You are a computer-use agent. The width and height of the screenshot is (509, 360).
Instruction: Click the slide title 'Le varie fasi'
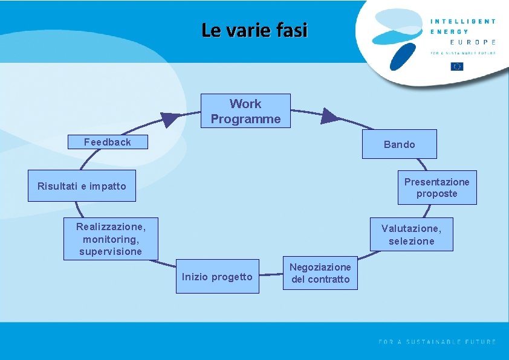pyautogui.click(x=254, y=30)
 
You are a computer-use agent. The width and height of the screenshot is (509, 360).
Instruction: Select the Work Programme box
pyautogui.click(x=245, y=111)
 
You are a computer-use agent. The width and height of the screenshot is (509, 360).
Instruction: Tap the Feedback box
pyautogui.click(x=108, y=142)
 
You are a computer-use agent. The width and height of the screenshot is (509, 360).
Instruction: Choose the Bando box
pyautogui.click(x=399, y=144)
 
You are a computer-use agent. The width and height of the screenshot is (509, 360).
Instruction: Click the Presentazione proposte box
pyautogui.click(x=436, y=188)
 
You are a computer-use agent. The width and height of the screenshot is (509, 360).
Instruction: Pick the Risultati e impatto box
pyautogui.click(x=82, y=186)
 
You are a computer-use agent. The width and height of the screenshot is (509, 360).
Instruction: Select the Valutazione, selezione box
pyautogui.click(x=411, y=234)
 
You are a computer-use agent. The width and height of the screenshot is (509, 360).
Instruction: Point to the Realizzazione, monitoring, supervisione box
pyautogui.click(x=111, y=239)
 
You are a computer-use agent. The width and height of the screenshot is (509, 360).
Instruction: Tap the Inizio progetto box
pyautogui.click(x=217, y=277)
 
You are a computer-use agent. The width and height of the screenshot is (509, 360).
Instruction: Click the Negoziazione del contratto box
pyautogui.click(x=320, y=273)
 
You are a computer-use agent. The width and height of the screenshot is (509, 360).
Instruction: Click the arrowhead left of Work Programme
pyautogui.click(x=171, y=119)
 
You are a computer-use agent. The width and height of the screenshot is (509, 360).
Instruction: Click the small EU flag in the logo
pyautogui.click(x=457, y=66)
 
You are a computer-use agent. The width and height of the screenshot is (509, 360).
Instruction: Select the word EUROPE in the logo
pyautogui.click(x=473, y=42)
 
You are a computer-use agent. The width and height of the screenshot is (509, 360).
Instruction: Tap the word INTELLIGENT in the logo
pyautogui.click(x=463, y=21)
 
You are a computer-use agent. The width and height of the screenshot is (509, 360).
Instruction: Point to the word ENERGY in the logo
pyautogui.click(x=449, y=31)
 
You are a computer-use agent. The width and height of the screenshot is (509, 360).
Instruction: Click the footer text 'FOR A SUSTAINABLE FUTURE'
pyautogui.click(x=437, y=342)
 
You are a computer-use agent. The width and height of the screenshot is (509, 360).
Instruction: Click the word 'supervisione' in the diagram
pyautogui.click(x=111, y=251)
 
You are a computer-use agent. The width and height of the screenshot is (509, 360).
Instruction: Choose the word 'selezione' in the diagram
pyautogui.click(x=411, y=241)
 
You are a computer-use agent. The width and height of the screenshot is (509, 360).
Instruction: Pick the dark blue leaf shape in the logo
pyautogui.click(x=404, y=57)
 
